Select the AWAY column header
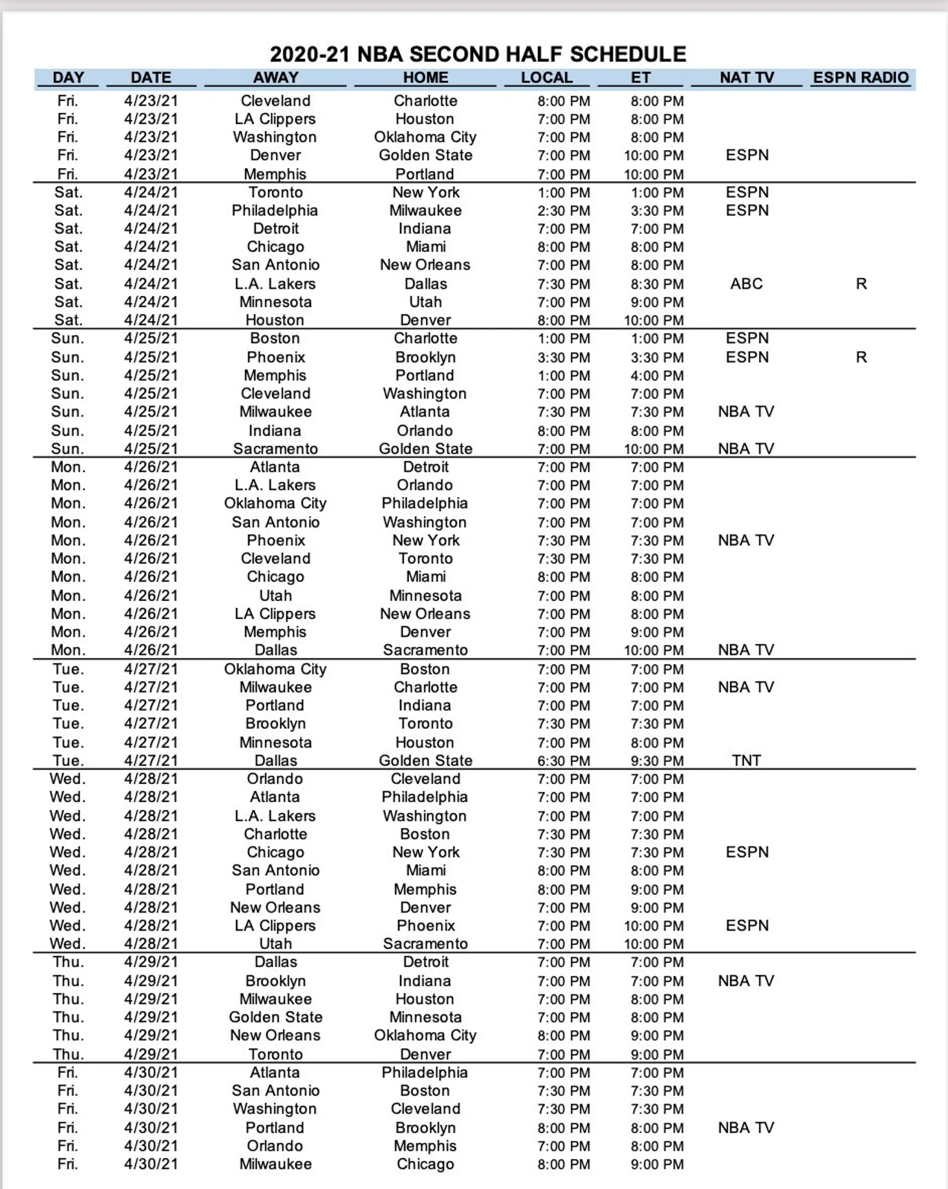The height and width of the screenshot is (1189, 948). click(x=275, y=77)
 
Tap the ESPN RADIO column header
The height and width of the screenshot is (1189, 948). click(x=860, y=77)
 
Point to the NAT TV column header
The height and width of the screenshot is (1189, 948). click(x=746, y=77)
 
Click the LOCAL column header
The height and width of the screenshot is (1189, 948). click(x=546, y=77)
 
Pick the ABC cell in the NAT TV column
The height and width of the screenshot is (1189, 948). click(x=746, y=284)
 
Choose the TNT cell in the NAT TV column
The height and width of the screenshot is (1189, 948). click(x=746, y=761)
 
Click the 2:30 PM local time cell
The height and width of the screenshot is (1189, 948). click(x=564, y=211)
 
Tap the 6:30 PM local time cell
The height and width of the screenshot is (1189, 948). click(x=564, y=761)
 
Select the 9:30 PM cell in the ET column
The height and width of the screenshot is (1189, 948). click(x=656, y=761)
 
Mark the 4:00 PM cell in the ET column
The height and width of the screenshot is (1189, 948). click(x=656, y=376)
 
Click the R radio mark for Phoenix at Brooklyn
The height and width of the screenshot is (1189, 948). click(x=861, y=357)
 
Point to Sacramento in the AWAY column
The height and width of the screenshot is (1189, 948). click(x=275, y=448)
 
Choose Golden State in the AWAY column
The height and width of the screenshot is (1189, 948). click(x=275, y=1017)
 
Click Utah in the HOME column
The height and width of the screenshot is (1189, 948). click(x=425, y=302)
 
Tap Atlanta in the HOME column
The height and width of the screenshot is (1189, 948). click(x=425, y=411)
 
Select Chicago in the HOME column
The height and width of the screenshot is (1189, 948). click(x=425, y=1164)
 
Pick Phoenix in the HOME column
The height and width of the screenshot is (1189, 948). click(x=425, y=925)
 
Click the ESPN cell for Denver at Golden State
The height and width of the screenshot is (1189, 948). click(x=747, y=155)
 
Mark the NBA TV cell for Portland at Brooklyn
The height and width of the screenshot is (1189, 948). click(x=746, y=1128)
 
